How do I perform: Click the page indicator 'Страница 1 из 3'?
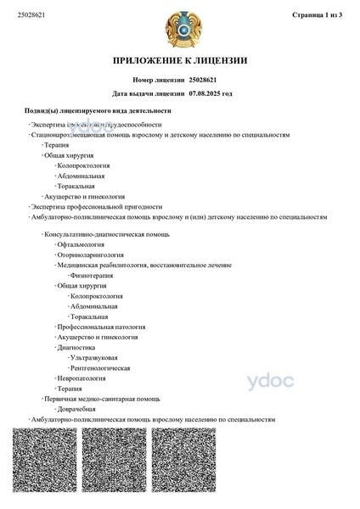pos(316,15)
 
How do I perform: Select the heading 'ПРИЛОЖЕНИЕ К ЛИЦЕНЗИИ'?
pos(180,60)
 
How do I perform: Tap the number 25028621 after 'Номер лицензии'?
pos(208,79)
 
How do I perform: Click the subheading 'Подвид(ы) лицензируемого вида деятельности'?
pos(98,111)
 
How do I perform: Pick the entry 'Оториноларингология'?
pos(90,254)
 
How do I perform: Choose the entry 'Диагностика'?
pos(76,347)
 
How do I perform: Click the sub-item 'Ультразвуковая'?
pos(94,358)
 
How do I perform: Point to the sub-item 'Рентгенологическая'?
pos(100,368)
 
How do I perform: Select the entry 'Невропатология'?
pos(82,378)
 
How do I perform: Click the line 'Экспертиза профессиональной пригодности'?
pos(97,206)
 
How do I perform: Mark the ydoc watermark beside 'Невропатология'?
pos(269,381)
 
